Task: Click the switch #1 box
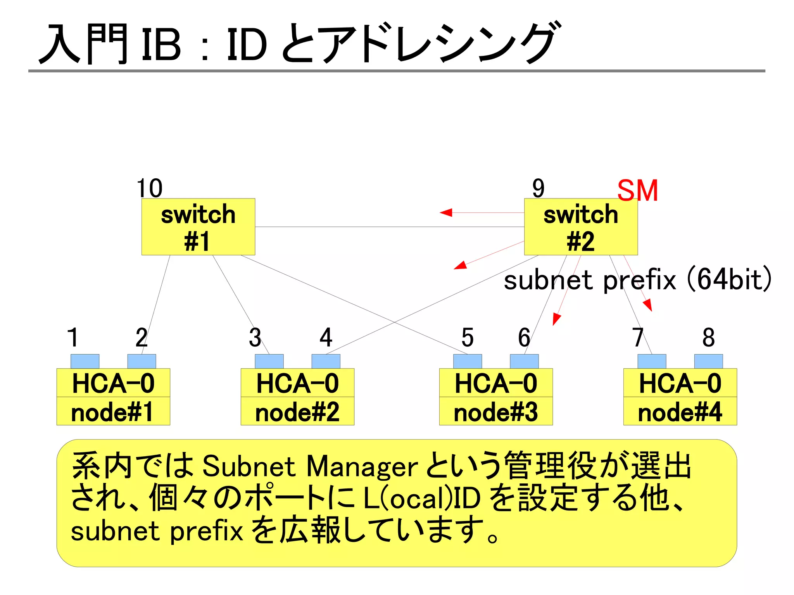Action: point(198,227)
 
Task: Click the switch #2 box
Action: point(580,227)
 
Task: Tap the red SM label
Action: point(637,191)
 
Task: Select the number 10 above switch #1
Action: point(150,188)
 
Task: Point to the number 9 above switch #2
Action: point(538,188)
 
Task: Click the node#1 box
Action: point(113,412)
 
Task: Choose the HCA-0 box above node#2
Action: point(297,383)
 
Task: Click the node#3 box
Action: point(496,412)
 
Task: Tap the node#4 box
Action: point(680,412)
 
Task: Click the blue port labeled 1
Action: point(85,361)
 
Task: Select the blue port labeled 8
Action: point(708,361)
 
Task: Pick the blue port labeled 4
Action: point(326,361)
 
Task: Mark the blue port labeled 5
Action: point(468,361)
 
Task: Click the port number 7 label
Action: point(638,337)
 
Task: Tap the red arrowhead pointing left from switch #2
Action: point(446,212)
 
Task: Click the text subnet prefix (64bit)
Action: point(637,280)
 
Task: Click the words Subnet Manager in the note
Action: point(310,466)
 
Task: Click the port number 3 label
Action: point(255,337)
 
